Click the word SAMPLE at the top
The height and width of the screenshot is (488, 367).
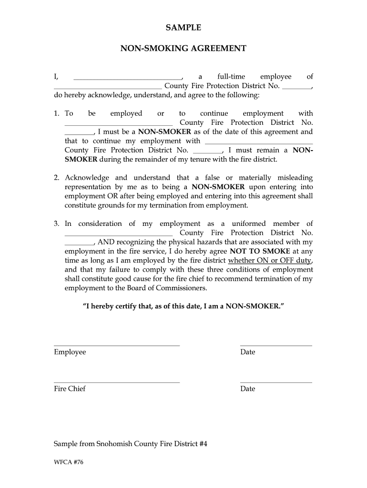(183, 28)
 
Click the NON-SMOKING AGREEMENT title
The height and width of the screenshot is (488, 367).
(183, 49)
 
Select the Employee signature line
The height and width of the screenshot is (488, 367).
(117, 346)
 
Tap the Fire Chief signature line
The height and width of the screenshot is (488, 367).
(117, 382)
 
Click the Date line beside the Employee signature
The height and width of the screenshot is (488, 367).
(276, 346)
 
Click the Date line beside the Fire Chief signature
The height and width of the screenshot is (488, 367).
(276, 382)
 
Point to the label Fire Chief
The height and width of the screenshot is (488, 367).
(70, 389)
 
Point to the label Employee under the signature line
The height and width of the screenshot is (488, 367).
(70, 352)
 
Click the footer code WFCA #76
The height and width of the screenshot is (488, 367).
(69, 462)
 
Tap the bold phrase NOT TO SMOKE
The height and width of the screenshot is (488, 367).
(259, 251)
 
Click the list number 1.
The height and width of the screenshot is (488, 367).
(56, 113)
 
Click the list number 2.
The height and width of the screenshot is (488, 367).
(56, 178)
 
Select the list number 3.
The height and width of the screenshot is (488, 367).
(56, 224)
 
